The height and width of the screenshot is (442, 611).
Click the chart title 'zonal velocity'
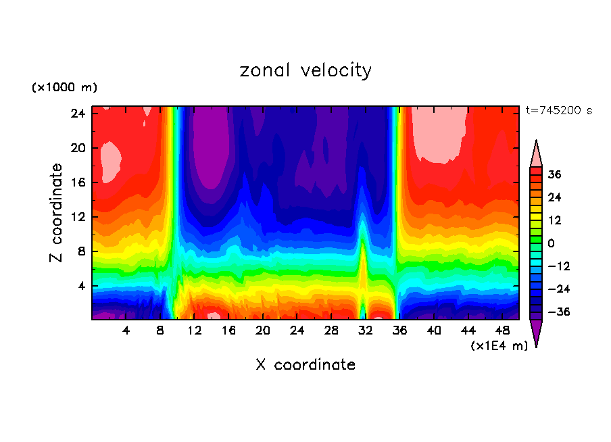(x=305, y=70)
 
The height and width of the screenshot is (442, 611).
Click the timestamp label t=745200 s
(x=558, y=111)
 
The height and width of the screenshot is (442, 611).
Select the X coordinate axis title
(x=305, y=365)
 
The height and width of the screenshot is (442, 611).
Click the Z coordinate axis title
(x=57, y=213)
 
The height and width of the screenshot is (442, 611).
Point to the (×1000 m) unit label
(x=64, y=88)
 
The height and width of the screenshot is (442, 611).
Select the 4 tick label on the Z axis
(x=83, y=286)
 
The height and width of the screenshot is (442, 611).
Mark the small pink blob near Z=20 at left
(x=110, y=162)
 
